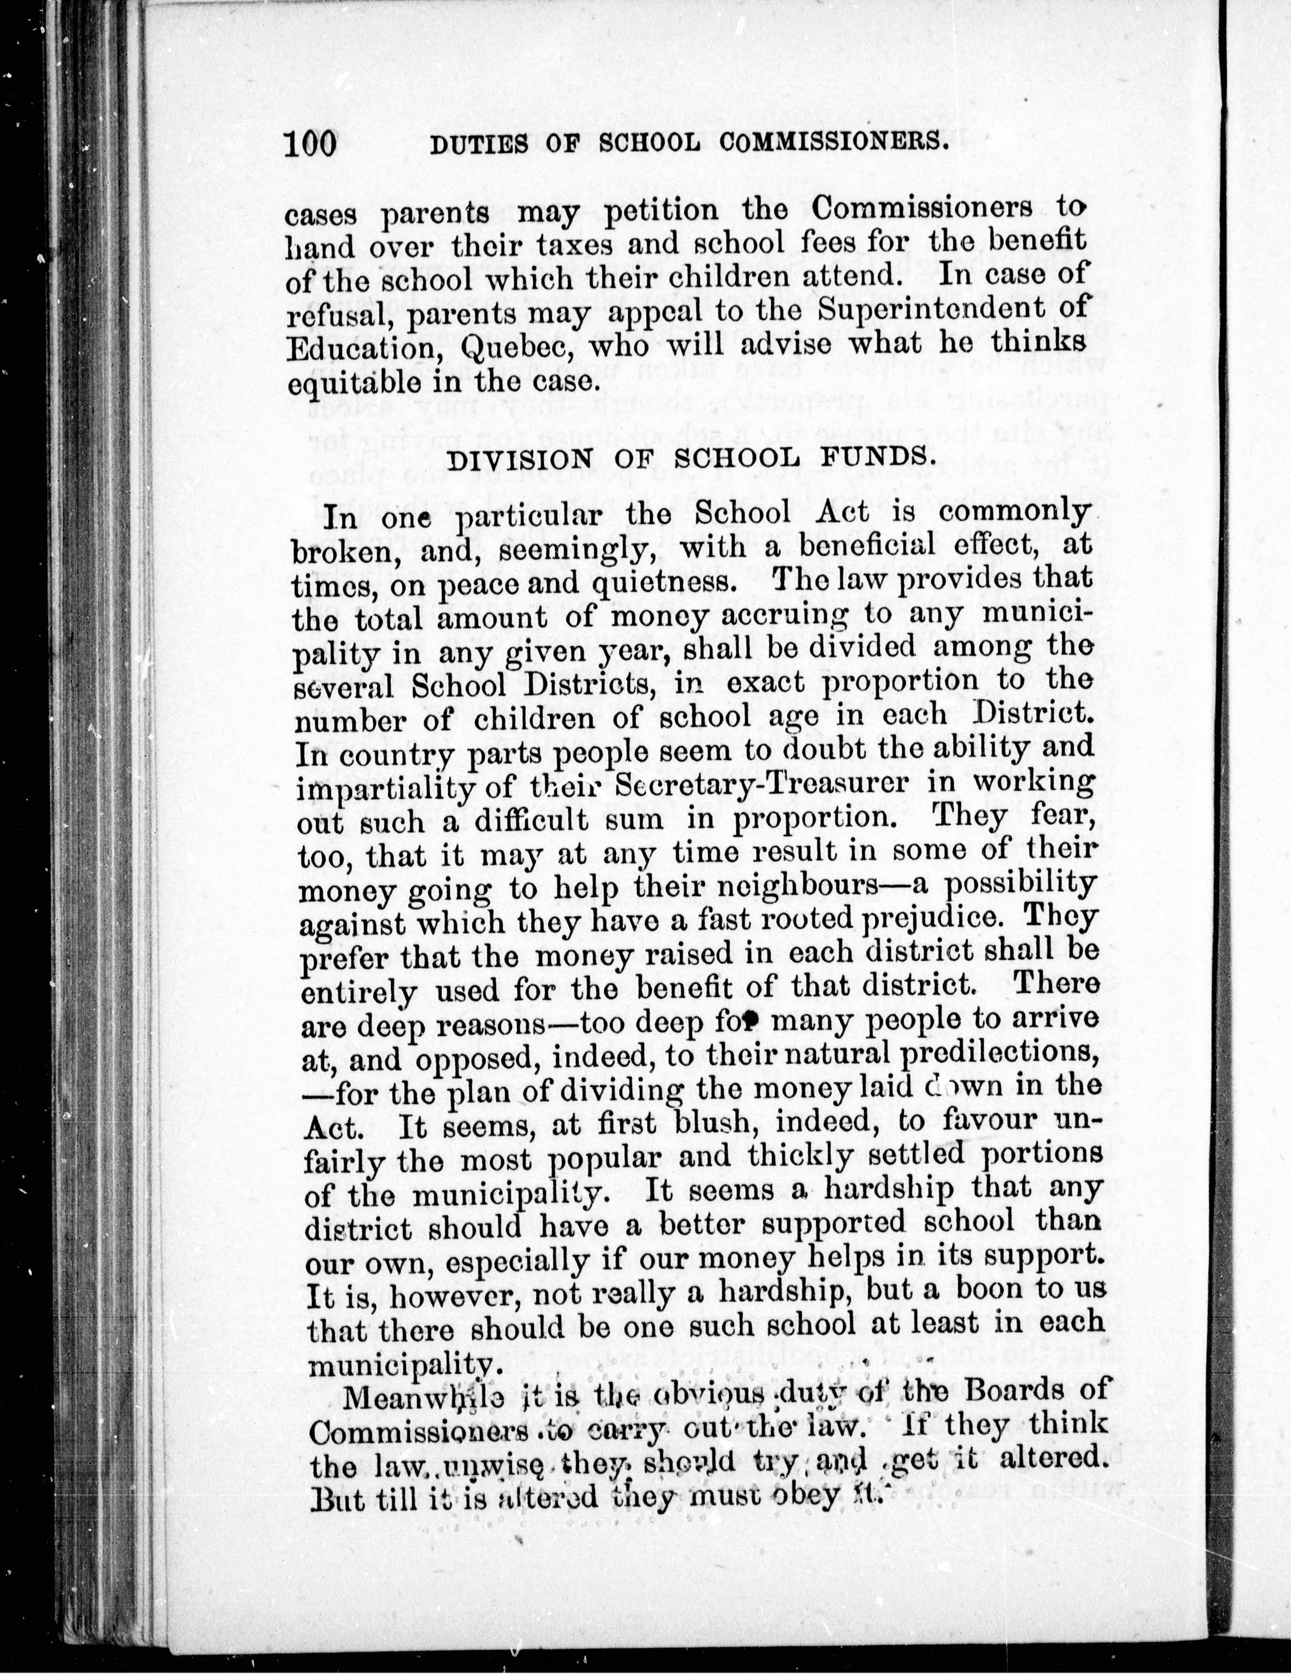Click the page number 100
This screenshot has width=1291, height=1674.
(310, 143)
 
